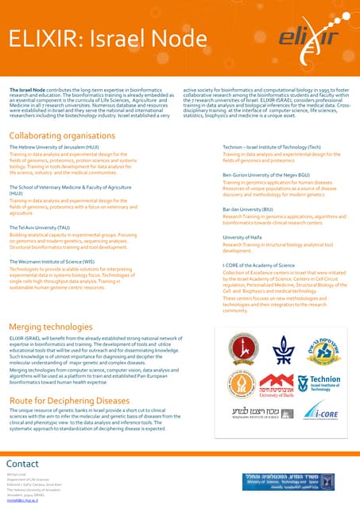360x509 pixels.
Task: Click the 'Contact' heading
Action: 22,464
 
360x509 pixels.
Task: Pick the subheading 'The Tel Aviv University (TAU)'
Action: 39,227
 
